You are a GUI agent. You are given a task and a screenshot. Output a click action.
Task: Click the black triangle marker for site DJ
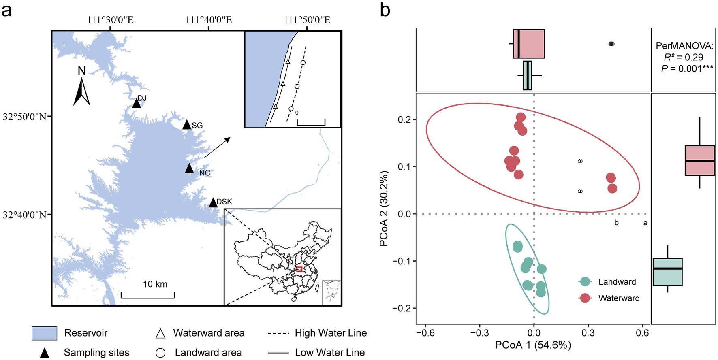tap(137, 104)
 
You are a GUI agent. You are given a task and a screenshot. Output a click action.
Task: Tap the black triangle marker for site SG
tap(186, 125)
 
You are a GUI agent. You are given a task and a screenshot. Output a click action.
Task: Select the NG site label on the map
tap(205, 173)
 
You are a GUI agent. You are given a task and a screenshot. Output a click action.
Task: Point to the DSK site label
tap(224, 202)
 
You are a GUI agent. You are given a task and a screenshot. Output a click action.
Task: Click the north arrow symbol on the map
tap(82, 91)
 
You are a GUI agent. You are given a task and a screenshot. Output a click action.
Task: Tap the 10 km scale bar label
tap(155, 284)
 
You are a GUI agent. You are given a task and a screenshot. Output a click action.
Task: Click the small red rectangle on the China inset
tap(299, 269)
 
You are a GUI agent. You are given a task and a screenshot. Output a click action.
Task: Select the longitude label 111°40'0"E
tap(209, 20)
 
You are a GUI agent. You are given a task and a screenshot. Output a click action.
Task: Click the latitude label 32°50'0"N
tap(25, 117)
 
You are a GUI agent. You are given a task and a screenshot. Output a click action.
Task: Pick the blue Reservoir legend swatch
tap(44, 333)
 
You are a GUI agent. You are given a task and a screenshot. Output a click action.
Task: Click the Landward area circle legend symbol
tap(160, 353)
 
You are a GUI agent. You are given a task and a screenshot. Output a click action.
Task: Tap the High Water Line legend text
tap(331, 333)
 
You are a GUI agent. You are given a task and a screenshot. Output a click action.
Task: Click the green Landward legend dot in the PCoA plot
tap(585, 282)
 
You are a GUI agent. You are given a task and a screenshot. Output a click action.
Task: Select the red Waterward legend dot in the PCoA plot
tap(585, 298)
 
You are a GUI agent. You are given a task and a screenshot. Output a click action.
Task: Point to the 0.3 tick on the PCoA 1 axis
tap(588, 333)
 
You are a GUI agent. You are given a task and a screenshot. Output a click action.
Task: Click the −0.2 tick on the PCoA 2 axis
tap(402, 308)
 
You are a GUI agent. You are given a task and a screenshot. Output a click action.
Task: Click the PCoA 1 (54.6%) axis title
tap(533, 345)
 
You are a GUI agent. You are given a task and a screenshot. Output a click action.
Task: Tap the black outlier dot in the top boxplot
tap(611, 44)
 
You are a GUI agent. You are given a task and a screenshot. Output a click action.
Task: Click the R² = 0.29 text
tap(683, 57)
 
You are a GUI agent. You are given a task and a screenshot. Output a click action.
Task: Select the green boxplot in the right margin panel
tap(667, 272)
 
